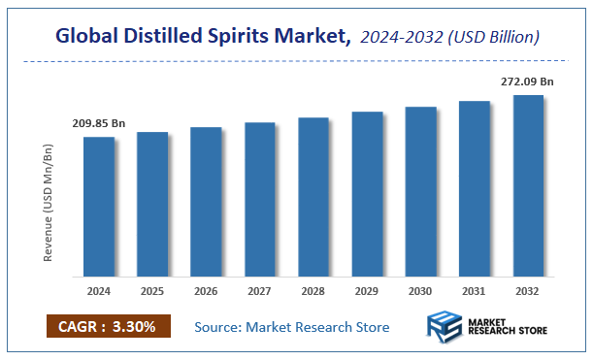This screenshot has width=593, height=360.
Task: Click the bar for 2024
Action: pyautogui.click(x=99, y=206)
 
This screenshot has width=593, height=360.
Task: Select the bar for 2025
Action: pyautogui.click(x=152, y=204)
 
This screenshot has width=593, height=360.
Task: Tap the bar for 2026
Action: pyautogui.click(x=206, y=201)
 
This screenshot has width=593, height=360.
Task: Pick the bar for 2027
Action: pyautogui.click(x=260, y=199)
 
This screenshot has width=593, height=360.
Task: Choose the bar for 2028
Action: pyautogui.click(x=313, y=196)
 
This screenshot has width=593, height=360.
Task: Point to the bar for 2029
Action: pyautogui.click(x=367, y=193)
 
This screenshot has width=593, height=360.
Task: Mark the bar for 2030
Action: pyautogui.click(x=420, y=191)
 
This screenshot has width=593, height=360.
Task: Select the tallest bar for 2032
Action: pyautogui.click(x=528, y=184)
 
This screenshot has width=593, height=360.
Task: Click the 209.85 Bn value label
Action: pyautogui.click(x=99, y=124)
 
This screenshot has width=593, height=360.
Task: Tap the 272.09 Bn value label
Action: pyautogui.click(x=528, y=82)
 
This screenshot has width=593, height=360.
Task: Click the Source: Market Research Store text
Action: pyautogui.click(x=292, y=327)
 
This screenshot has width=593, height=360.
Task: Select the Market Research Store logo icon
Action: pyautogui.click(x=446, y=327)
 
